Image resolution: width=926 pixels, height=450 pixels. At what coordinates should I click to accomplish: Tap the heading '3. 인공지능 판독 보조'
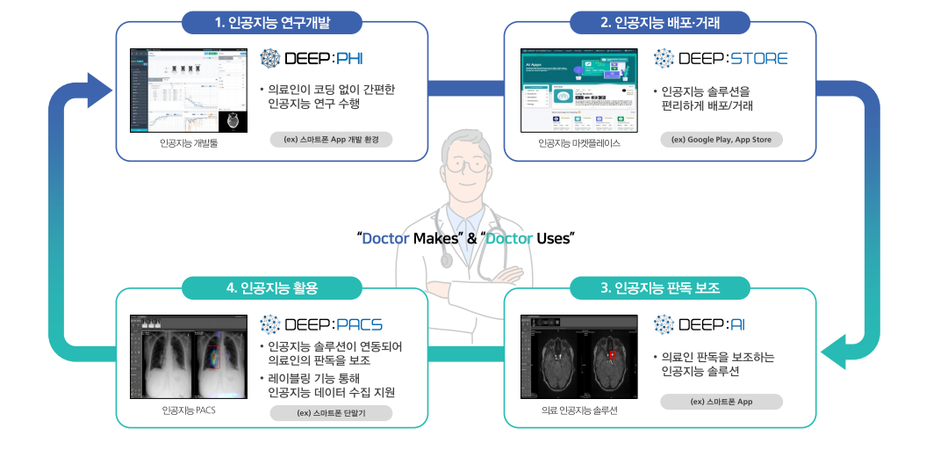click(660, 288)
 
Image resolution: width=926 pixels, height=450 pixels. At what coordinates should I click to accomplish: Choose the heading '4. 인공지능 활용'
click(272, 288)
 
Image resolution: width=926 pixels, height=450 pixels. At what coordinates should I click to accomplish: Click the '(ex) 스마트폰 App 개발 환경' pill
click(331, 139)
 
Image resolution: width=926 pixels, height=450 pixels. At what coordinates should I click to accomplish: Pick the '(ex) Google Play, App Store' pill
click(721, 139)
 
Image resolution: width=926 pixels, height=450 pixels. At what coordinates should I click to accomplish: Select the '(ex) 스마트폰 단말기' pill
click(331, 412)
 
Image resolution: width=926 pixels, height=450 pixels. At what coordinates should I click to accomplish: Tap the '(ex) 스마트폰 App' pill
click(721, 402)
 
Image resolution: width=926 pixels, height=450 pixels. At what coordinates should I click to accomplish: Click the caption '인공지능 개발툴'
click(189, 142)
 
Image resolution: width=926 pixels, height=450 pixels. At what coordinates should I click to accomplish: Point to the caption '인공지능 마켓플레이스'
click(579, 142)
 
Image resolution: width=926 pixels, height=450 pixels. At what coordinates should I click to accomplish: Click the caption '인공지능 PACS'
click(189, 410)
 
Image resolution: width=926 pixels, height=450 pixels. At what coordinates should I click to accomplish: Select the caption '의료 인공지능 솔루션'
click(579, 410)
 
